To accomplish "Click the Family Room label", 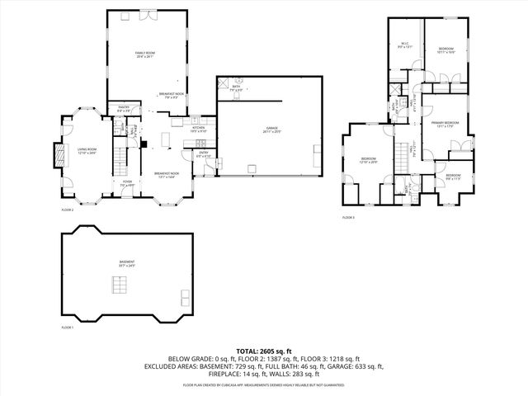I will click(x=145, y=54).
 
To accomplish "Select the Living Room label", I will click(x=87, y=152).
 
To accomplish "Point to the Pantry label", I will click(x=125, y=108).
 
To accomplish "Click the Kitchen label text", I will click(x=199, y=130).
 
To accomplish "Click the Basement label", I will click(x=126, y=264).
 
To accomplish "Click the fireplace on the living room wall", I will click(x=58, y=155).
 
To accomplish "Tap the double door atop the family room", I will click(x=125, y=14).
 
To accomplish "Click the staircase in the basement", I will click(x=121, y=286).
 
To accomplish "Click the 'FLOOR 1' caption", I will click(x=68, y=328).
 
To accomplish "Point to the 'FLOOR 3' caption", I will click(x=348, y=218).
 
